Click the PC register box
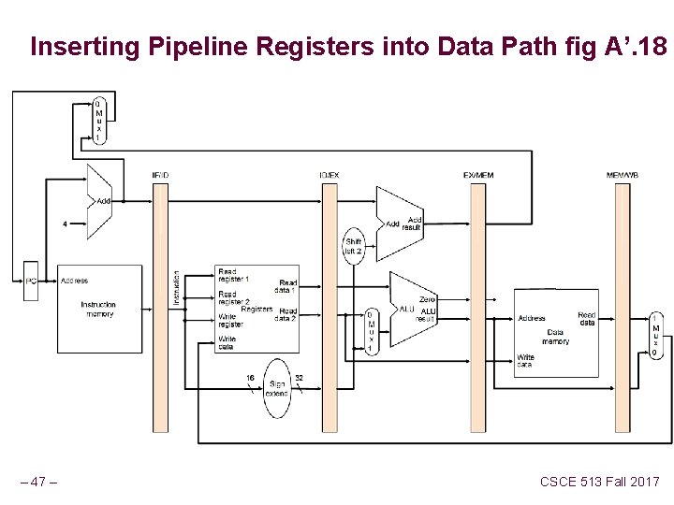(x=31, y=281)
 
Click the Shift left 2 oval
(x=353, y=246)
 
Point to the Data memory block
(x=556, y=337)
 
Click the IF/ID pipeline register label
(x=160, y=175)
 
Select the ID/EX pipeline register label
(x=329, y=175)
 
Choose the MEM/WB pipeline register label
(x=623, y=175)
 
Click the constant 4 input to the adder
(x=64, y=224)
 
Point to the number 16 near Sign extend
(x=250, y=378)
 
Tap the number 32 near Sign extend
(x=299, y=378)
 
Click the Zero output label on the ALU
(x=427, y=299)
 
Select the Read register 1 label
(x=233, y=275)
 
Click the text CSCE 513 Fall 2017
(x=599, y=482)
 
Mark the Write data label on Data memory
(x=526, y=361)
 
